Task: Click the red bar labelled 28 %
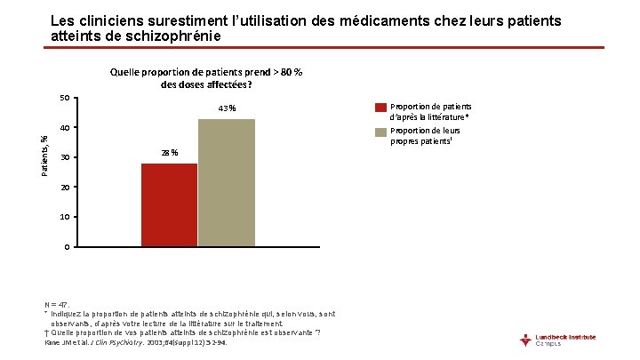coord(169,204)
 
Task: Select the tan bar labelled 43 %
coord(226,182)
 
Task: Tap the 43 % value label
coord(226,108)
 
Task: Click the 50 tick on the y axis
coord(64,98)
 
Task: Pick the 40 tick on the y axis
coord(64,128)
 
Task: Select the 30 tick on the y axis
coord(64,157)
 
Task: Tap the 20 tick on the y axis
coord(64,188)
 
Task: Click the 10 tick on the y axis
coord(64,217)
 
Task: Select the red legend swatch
coord(380,107)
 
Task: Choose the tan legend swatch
coord(380,132)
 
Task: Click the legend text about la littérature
coord(430,111)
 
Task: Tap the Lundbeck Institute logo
coord(564,340)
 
